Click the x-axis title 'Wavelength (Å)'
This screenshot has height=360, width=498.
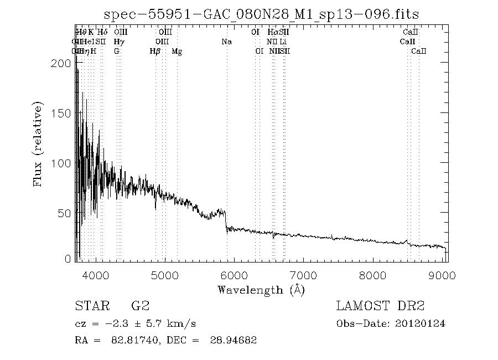pos(261,289)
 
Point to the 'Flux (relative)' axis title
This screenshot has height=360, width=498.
pos(39,144)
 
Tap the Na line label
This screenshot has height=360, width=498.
pos(226,42)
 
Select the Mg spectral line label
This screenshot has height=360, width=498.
pos(177,51)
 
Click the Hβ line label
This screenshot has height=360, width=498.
pos(155,51)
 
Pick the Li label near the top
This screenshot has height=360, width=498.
pos(283,42)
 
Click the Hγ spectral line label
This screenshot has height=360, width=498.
pos(119,42)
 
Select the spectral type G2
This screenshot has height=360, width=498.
pos(140,306)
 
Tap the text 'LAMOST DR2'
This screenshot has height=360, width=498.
pos(380,306)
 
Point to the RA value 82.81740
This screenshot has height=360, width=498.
pos(127,340)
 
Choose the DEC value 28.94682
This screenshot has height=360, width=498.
pos(234,340)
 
